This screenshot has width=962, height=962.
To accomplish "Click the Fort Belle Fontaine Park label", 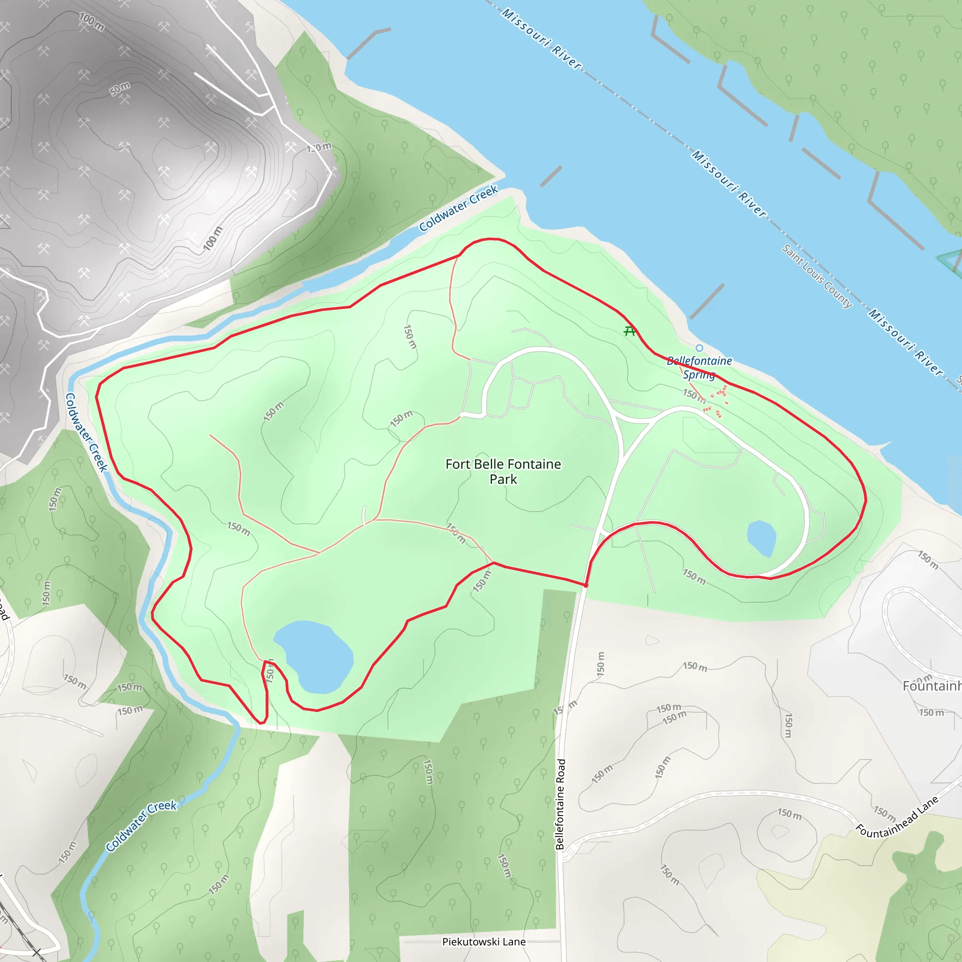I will (503, 471).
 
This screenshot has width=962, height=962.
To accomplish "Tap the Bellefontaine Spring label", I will (699, 367).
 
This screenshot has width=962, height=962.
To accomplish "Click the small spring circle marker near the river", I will (699, 348).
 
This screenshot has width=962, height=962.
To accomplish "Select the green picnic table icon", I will (630, 331).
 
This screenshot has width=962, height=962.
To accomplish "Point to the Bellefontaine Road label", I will (560, 804).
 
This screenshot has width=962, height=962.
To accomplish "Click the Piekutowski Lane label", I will (483, 942).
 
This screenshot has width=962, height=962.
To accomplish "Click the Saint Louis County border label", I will (816, 276).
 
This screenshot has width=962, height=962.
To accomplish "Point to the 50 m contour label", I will (120, 89).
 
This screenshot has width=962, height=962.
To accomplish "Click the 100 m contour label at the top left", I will (92, 22).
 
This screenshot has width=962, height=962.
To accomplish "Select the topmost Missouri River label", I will (541, 39).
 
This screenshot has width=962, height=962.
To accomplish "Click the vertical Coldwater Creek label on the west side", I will (85, 432).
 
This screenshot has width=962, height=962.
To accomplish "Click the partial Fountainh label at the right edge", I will (931, 686).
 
